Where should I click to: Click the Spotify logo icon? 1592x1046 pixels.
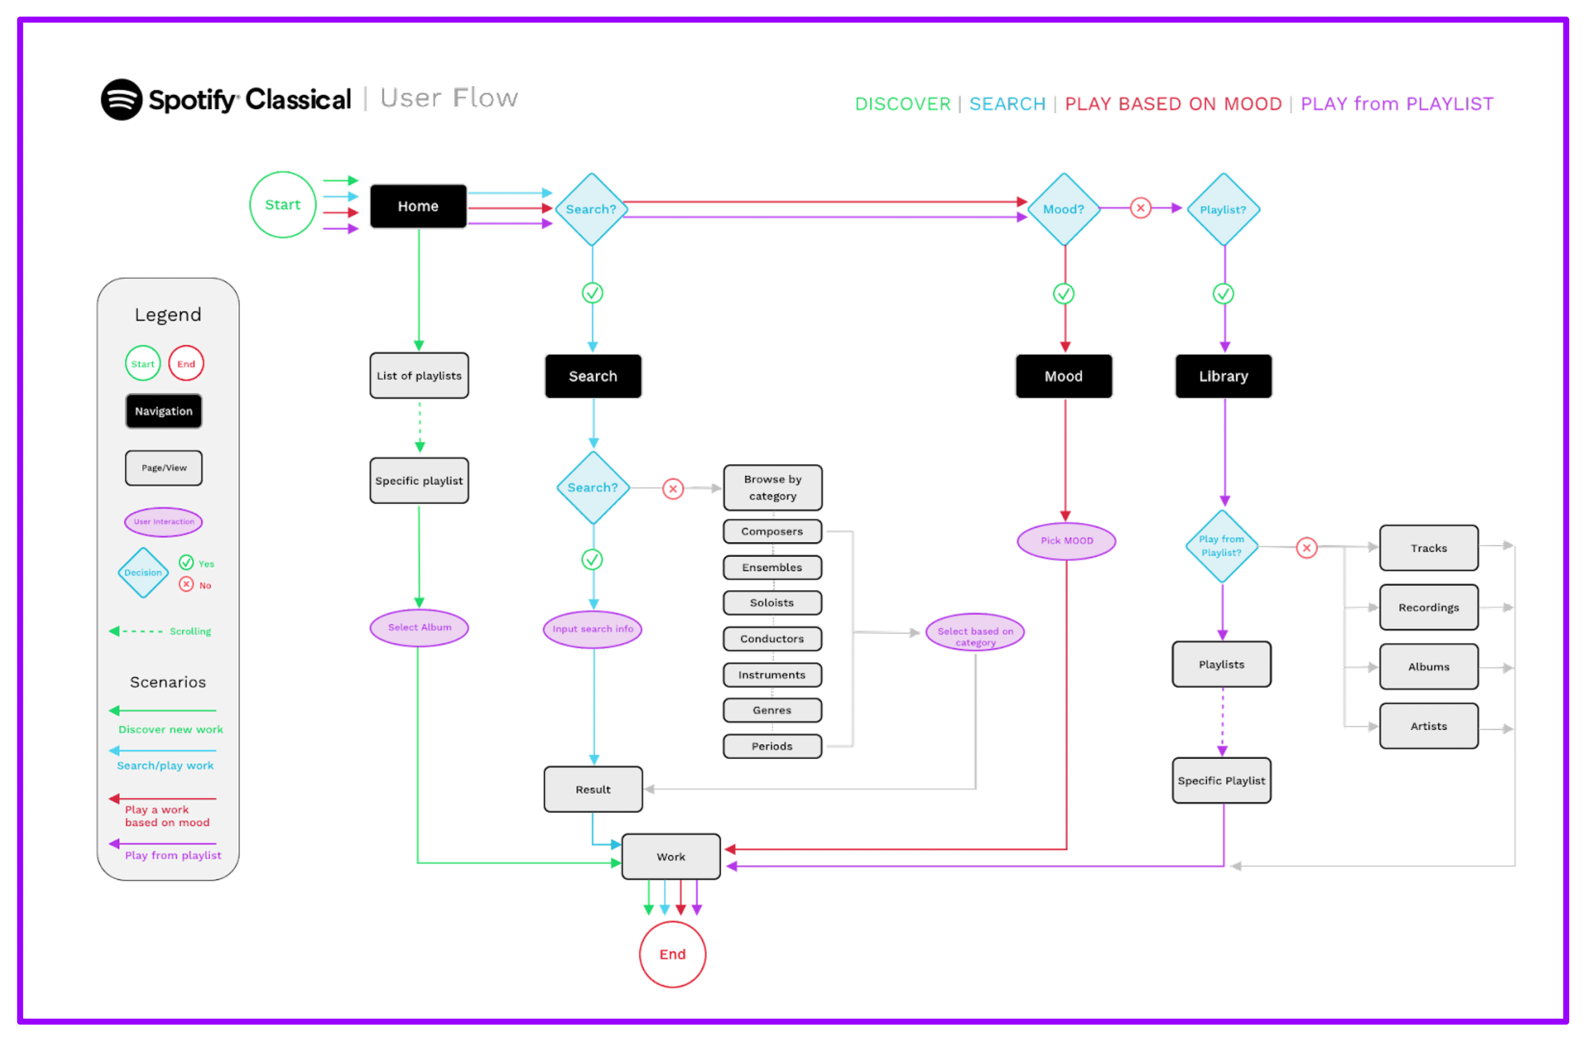(x=122, y=100)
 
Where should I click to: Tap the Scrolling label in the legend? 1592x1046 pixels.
(x=190, y=632)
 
